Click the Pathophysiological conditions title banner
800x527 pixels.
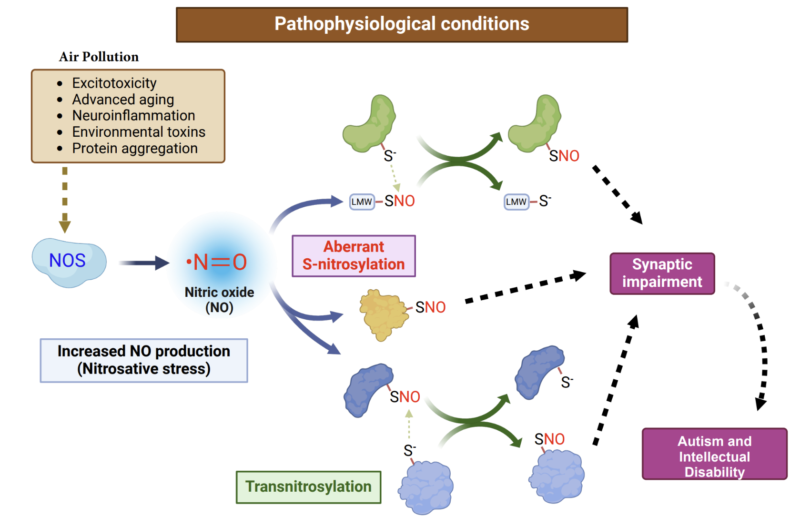coord(402,25)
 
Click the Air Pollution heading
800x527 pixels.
coord(99,57)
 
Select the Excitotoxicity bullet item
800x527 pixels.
coord(114,83)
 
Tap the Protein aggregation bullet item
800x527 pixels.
coord(135,148)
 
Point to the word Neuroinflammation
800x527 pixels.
coord(133,116)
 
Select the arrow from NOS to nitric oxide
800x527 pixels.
coord(144,263)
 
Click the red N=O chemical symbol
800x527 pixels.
coord(217,263)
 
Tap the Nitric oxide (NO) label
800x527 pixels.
coord(219,300)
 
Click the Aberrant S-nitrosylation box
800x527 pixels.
coord(354,256)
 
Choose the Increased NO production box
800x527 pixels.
coord(144,361)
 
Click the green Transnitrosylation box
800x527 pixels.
coord(309,487)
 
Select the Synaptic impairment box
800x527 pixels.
coord(662,274)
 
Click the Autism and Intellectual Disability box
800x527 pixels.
coord(715,454)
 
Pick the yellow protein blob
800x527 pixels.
coord(384,314)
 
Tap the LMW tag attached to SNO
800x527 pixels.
coord(362,202)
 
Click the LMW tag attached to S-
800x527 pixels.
coord(516,202)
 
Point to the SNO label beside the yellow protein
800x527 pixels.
coord(430,307)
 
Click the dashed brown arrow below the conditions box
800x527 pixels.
coord(65,200)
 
